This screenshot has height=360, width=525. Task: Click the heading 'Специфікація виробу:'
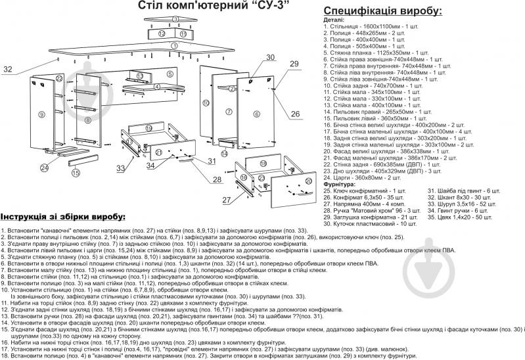(x=382, y=11)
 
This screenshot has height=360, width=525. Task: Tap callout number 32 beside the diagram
(x=8, y=69)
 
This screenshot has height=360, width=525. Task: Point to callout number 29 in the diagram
(x=294, y=63)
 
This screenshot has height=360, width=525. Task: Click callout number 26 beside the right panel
(x=295, y=114)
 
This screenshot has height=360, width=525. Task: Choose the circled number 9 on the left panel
(x=41, y=115)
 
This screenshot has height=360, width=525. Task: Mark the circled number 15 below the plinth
(x=76, y=173)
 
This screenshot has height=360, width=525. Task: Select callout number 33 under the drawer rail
(x=120, y=169)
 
